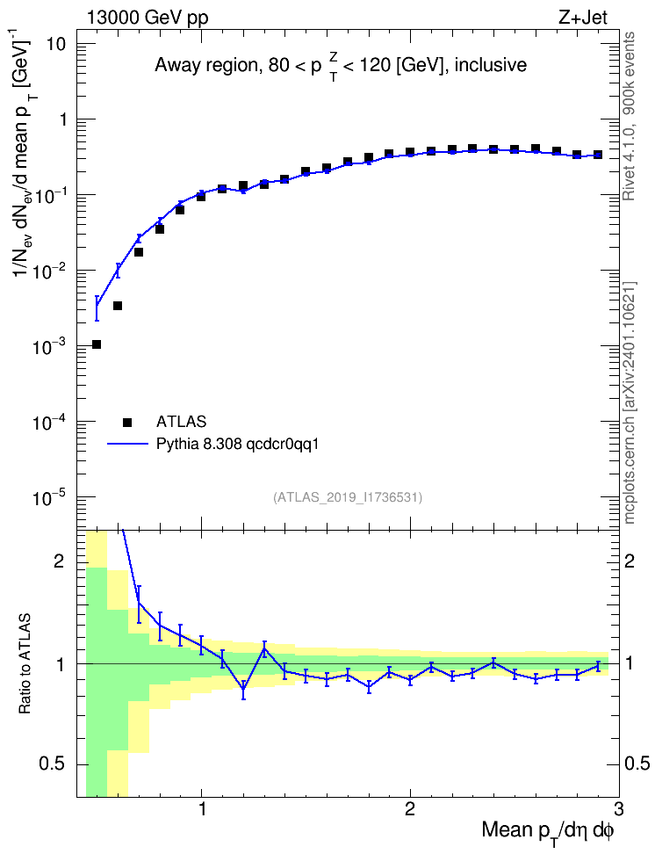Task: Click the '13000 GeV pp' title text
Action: click(148, 18)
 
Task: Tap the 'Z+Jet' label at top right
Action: click(583, 18)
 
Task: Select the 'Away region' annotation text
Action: click(206, 65)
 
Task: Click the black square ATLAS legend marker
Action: click(127, 422)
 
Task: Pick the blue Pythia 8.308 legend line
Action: click(127, 445)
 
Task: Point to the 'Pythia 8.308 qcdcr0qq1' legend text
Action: click(237, 445)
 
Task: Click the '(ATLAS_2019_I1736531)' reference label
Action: click(348, 497)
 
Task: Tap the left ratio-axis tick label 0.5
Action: click(53, 764)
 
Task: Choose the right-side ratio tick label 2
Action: click(630, 561)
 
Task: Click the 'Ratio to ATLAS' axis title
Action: click(25, 663)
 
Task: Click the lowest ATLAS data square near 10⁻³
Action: click(97, 344)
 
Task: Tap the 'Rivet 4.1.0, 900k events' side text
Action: click(629, 116)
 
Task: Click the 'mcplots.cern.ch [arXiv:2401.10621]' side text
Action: click(630, 402)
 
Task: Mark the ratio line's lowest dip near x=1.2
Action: click(243, 689)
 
